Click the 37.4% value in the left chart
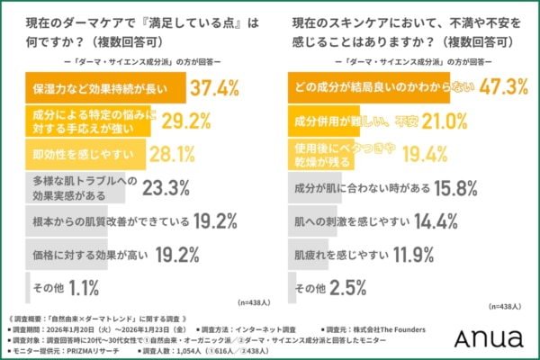pos(217,87)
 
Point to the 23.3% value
pos(168,189)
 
